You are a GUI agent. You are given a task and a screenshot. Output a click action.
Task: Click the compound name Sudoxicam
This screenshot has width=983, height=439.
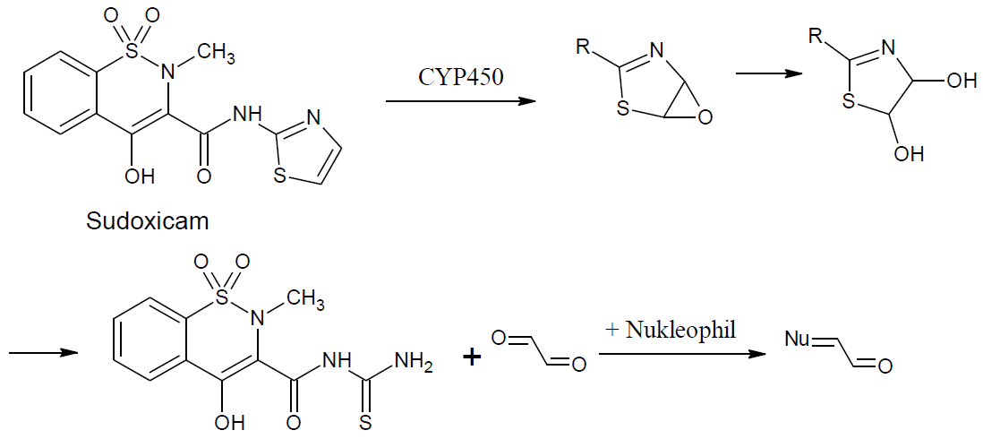tap(147, 219)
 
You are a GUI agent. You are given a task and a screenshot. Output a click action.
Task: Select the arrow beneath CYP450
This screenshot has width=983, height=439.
tap(460, 100)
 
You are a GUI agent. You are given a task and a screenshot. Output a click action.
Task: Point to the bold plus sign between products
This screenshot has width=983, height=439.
tap(472, 357)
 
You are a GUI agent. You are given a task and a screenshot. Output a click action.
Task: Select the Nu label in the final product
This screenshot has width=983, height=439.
tap(797, 339)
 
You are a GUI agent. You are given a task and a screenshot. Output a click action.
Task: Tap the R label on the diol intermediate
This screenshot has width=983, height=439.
tap(816, 36)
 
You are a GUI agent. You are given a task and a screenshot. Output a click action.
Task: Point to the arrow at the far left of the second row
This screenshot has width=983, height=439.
tap(39, 353)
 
